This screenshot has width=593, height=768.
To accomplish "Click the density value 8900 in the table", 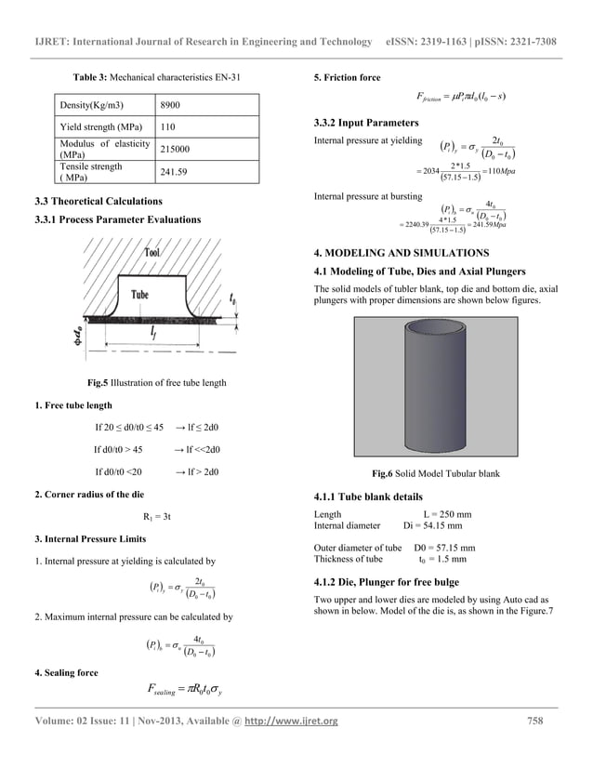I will tap(173, 104).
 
